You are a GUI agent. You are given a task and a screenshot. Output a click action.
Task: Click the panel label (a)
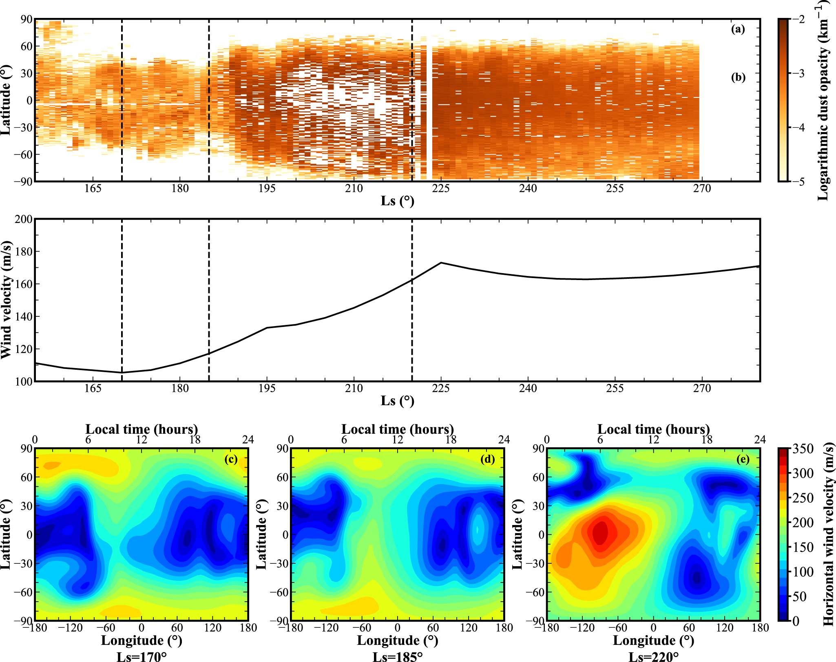(738, 29)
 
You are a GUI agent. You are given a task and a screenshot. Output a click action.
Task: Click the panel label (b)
(738, 77)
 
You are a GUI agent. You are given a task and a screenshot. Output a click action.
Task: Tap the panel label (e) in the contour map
(743, 459)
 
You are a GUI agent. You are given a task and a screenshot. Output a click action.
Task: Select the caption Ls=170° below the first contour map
(142, 657)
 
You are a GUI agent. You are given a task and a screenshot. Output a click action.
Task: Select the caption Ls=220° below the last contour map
(653, 657)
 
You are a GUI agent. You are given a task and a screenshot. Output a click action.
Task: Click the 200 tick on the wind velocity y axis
(24, 219)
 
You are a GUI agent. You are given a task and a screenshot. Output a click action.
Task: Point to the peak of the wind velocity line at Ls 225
(441, 263)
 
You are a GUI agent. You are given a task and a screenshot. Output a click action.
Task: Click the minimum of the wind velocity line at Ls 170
(122, 372)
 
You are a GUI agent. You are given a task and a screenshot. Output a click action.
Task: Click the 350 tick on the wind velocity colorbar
(803, 449)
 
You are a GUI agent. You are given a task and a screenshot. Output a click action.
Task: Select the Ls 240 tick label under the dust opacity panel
(528, 189)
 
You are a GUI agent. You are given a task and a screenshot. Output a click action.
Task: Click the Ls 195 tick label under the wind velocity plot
(267, 388)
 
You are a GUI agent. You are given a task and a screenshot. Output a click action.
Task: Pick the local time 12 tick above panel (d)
(397, 440)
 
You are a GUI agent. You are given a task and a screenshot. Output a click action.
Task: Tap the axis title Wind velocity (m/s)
(7, 300)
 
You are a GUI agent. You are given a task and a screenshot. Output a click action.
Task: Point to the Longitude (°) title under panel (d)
(398, 640)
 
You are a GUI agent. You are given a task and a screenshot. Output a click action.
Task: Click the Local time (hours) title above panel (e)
(653, 429)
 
